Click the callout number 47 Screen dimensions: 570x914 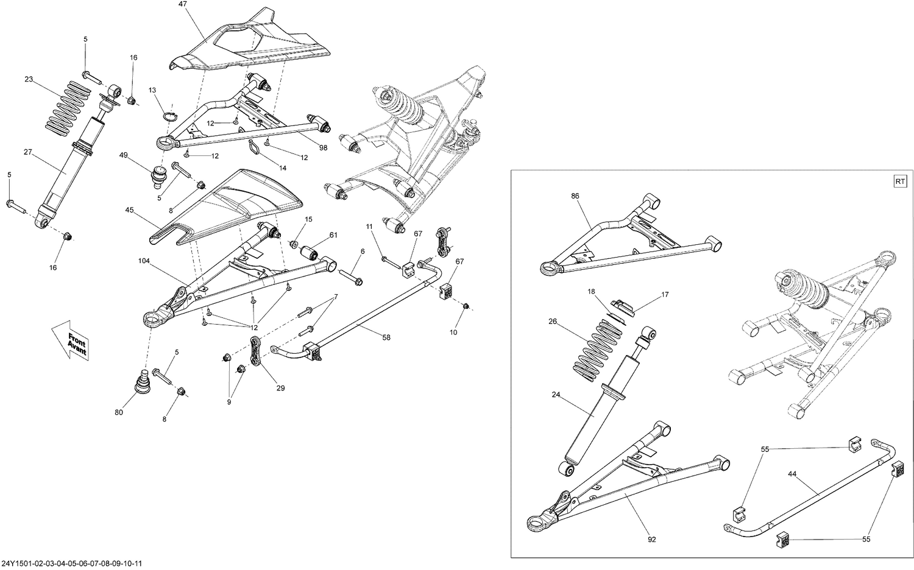183,4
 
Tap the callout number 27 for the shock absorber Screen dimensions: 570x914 28,153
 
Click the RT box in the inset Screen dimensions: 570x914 900,181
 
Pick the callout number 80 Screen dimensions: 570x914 118,413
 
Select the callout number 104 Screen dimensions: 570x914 144,260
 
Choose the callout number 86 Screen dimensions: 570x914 575,196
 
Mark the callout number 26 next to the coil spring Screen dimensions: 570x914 552,322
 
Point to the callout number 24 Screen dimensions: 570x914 556,394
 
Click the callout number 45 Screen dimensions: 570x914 129,210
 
